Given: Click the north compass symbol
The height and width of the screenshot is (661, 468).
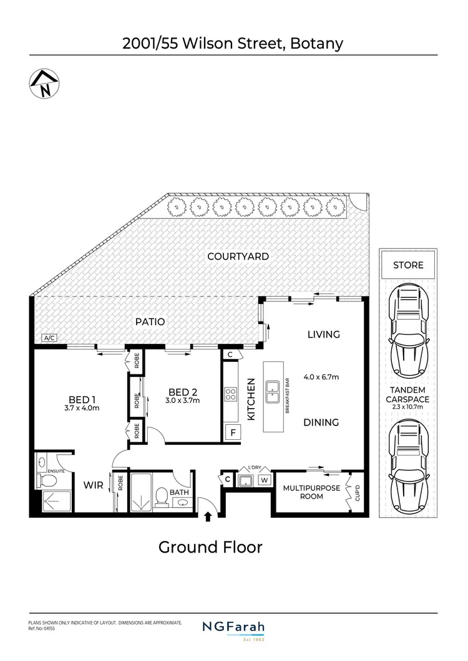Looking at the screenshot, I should click(x=43, y=85).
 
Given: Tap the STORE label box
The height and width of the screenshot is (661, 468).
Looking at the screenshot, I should click(x=408, y=265).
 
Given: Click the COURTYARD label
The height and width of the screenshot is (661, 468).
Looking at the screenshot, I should click(x=238, y=256).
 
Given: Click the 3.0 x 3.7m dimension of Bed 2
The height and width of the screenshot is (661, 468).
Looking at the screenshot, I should click(x=183, y=401).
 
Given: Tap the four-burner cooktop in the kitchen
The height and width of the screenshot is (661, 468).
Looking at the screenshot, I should click(x=230, y=394).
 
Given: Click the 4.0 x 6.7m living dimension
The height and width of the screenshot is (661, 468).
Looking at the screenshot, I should click(x=321, y=377).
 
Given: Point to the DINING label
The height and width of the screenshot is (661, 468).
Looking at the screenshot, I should click(x=321, y=422).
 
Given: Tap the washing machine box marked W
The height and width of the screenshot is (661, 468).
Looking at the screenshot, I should click(x=264, y=480).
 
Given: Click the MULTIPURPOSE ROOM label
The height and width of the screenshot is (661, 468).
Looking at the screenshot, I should click(x=311, y=492).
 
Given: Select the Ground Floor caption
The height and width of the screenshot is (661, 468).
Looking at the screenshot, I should click(x=210, y=547).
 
